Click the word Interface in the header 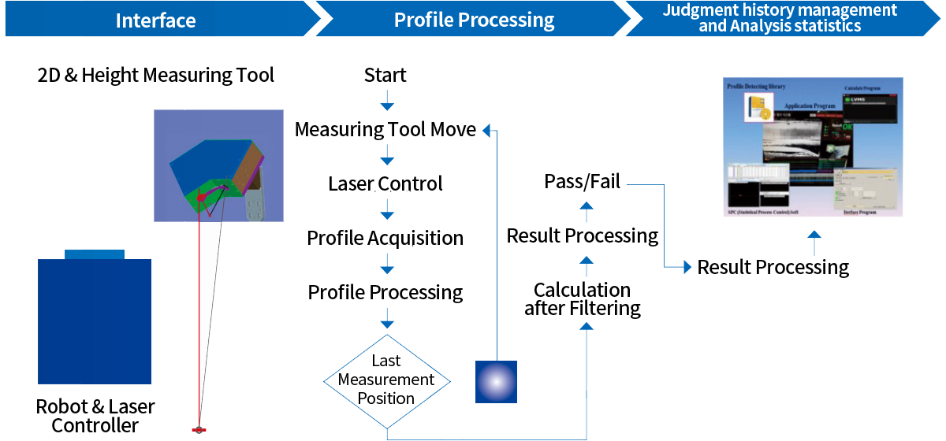pos(155,20)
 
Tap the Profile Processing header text pos(474,20)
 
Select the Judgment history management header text pos(779,10)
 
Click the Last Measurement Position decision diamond pos(386,380)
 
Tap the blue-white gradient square pos(496,381)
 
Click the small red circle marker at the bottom pos(199,429)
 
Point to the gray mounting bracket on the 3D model pos(255,208)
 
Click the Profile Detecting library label pos(756,86)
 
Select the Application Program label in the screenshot pos(810,105)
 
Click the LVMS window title pos(858,100)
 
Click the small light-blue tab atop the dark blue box pos(94,254)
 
